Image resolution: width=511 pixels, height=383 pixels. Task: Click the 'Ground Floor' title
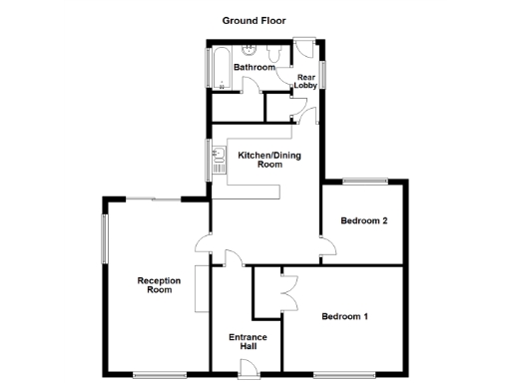coord(255,19)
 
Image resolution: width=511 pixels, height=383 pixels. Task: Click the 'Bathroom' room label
coord(254,68)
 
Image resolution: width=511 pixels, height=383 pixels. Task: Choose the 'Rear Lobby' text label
coord(305,81)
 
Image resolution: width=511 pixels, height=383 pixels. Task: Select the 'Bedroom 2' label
coord(363,220)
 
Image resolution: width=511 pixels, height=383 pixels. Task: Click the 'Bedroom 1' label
coord(345,317)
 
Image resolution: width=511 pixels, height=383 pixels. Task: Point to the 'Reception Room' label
coord(159,285)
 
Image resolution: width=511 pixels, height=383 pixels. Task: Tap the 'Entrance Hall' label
coord(248,342)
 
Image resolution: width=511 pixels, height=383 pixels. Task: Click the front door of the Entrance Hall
coord(251,369)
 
